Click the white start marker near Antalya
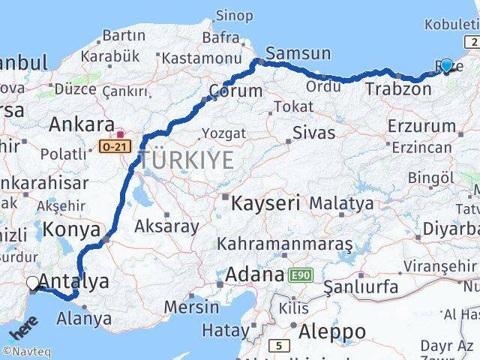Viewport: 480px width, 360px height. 33,283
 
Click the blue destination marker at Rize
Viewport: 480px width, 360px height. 447,66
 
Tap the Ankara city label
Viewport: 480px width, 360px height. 81,124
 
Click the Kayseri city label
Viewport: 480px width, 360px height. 265,202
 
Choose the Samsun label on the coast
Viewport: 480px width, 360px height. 298,53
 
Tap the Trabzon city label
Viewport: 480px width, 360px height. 398,88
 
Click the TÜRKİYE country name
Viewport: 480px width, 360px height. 187,160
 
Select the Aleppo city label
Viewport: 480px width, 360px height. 332,331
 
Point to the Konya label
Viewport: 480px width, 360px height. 72,229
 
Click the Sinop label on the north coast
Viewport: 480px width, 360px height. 234,15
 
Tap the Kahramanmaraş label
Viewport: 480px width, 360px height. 284,244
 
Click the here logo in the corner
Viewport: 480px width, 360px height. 24,328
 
